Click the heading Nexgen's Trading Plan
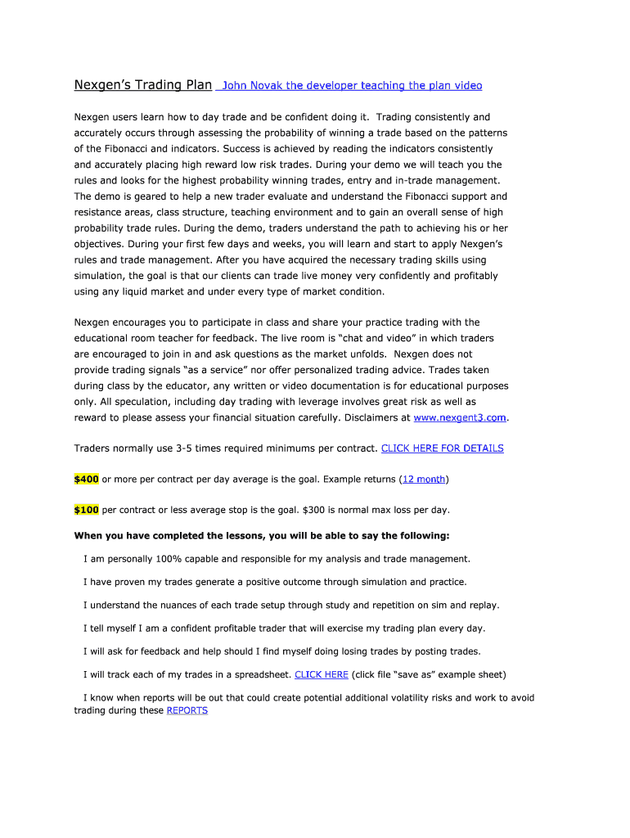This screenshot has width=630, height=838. click(x=143, y=85)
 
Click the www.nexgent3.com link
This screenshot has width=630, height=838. click(x=461, y=417)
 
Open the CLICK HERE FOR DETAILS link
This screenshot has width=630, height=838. click(x=442, y=448)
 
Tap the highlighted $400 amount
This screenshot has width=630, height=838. click(x=86, y=479)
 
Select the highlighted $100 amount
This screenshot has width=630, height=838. click(x=86, y=510)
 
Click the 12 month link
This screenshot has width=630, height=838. click(x=424, y=479)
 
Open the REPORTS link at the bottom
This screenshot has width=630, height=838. click(x=187, y=710)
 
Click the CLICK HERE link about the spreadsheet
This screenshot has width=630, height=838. click(x=321, y=675)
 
